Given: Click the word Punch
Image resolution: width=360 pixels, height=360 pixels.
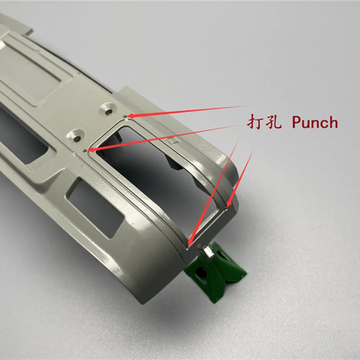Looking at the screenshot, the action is (x=315, y=122).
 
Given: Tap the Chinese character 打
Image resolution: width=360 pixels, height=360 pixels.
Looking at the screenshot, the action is (x=254, y=121).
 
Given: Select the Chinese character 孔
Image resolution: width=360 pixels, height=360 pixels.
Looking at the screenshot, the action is (x=274, y=121).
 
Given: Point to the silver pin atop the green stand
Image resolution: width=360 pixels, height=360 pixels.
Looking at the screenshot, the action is (x=208, y=251).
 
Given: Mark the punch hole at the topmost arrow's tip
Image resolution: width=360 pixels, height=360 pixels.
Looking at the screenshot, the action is (x=125, y=117).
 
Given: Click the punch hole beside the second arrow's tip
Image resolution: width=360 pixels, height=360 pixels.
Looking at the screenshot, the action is (x=85, y=151).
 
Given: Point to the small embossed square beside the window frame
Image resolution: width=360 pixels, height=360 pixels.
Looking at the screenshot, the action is (x=173, y=141).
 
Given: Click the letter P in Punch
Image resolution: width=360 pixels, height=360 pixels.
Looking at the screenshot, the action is (x=297, y=122).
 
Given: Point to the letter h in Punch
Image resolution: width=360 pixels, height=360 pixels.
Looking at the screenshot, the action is (x=333, y=122).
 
